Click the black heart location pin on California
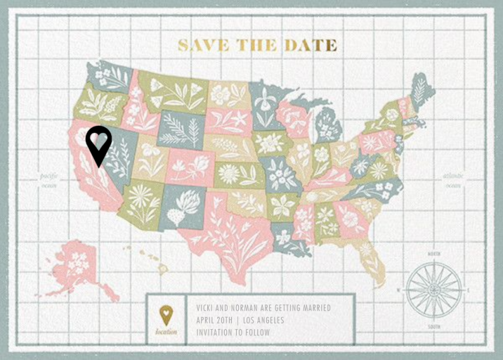point(99,143)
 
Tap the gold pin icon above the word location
point(166,314)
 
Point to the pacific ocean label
point(48,180)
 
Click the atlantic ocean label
point(453,180)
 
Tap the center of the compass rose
point(433,290)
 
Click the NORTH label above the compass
point(433,254)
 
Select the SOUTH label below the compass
point(433,326)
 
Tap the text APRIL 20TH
point(214,320)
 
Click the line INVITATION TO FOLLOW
point(233,332)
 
